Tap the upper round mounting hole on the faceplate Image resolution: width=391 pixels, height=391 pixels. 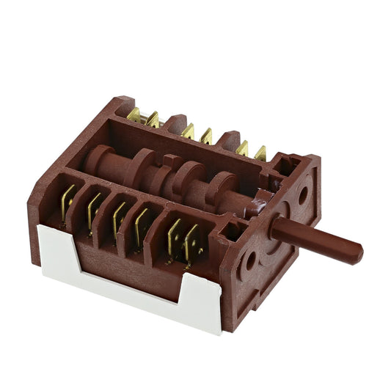[302, 194]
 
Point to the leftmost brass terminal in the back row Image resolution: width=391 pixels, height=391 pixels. [134, 114]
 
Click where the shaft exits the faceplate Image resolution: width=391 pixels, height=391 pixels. [275, 227]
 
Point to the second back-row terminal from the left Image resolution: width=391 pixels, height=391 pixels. [153, 119]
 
